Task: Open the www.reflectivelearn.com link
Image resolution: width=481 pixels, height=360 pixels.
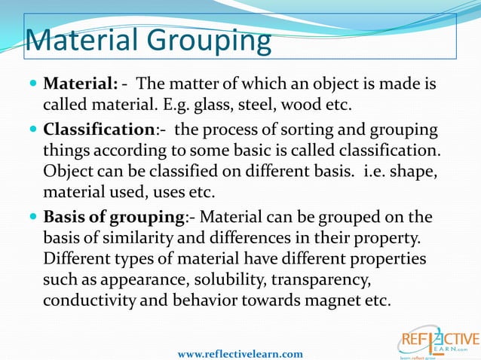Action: [x=240, y=353]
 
